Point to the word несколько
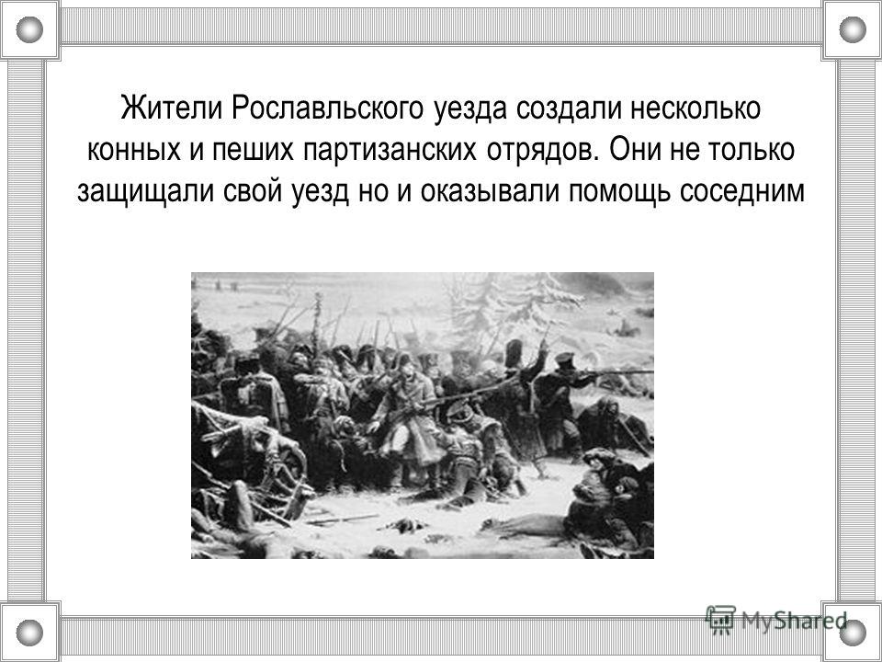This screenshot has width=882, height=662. pos(695,108)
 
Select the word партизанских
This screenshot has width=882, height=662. pos(390,150)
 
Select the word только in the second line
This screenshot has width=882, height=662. pos(751,150)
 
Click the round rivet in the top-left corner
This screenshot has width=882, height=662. pos(29,29)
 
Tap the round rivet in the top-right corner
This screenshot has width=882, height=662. pos(853,29)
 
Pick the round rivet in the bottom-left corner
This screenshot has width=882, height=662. pos(29,633)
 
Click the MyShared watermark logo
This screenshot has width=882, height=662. pos(776,621)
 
